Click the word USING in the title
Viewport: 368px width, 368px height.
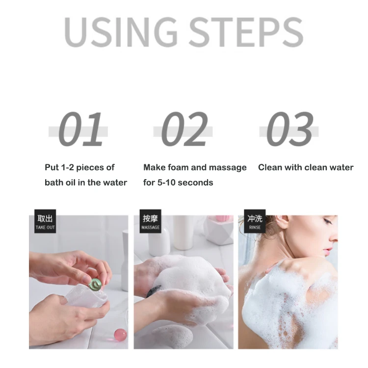[x=121, y=32]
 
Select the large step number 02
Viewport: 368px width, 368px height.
[x=184, y=130]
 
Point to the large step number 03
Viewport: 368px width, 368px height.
[x=289, y=130]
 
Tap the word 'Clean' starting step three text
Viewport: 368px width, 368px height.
[x=270, y=167]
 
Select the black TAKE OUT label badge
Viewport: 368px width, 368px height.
[x=45, y=221]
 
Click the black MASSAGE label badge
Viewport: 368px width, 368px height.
[x=150, y=221]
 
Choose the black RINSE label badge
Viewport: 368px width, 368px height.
[x=255, y=221]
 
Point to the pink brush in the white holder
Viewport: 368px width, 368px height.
[x=223, y=219]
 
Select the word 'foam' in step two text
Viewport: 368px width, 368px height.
[x=179, y=167]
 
